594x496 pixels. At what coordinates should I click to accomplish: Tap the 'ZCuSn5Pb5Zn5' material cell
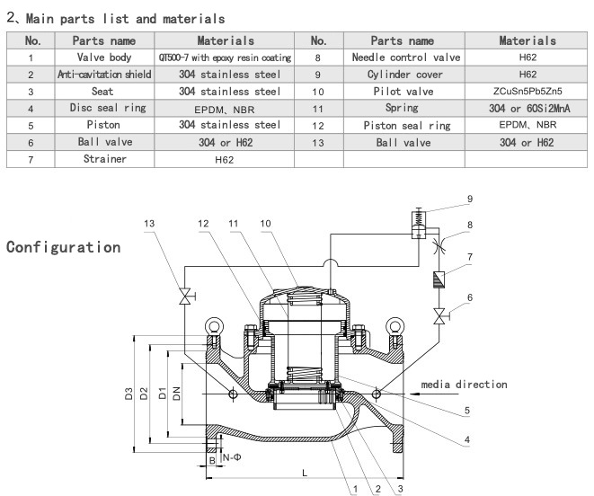[528, 91]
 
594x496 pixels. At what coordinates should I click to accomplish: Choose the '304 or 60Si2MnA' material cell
[528, 108]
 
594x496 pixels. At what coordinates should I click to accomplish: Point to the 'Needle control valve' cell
[403, 57]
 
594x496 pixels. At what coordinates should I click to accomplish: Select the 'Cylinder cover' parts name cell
[403, 74]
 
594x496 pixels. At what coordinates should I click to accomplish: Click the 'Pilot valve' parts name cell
[403, 91]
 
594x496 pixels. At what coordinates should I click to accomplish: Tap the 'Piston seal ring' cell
[403, 125]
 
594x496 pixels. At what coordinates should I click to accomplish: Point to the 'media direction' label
[464, 385]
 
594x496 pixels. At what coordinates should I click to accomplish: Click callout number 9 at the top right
[469, 199]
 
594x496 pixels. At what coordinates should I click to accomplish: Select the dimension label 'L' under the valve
[306, 471]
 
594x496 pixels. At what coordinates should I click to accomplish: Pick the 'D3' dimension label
[129, 393]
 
